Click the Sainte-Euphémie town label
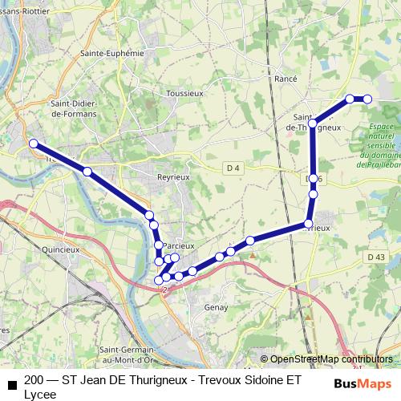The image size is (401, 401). point(111,53)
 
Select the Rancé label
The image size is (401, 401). point(286,79)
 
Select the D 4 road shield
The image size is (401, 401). point(233,167)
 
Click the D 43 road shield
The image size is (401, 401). point(377,257)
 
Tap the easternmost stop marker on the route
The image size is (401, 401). point(368,99)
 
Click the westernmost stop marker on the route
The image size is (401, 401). point(34,144)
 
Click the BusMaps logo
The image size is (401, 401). point(363,383)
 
